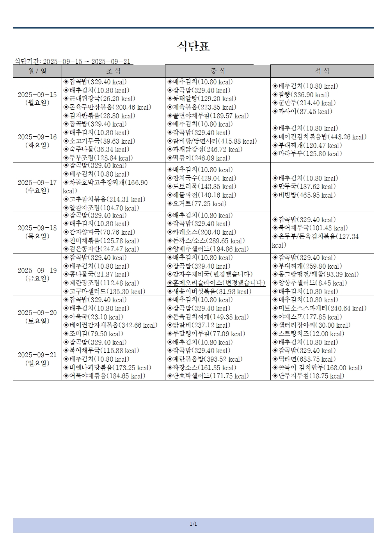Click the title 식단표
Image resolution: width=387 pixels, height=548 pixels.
tap(193, 46)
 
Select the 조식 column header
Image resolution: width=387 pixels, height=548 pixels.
tap(113, 71)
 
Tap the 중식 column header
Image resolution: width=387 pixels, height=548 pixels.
tap(218, 71)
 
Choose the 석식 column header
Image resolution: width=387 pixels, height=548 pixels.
tap(322, 71)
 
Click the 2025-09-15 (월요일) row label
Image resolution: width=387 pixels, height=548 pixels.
tap(37, 99)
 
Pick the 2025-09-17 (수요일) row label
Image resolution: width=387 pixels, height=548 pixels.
tap(37, 186)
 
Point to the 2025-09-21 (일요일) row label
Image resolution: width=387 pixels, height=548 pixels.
tap(37, 359)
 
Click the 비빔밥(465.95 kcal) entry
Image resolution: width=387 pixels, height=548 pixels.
tap(307, 195)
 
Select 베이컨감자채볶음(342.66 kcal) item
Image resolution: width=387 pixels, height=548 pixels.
tap(113, 325)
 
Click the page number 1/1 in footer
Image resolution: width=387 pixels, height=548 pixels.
tap(193, 524)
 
